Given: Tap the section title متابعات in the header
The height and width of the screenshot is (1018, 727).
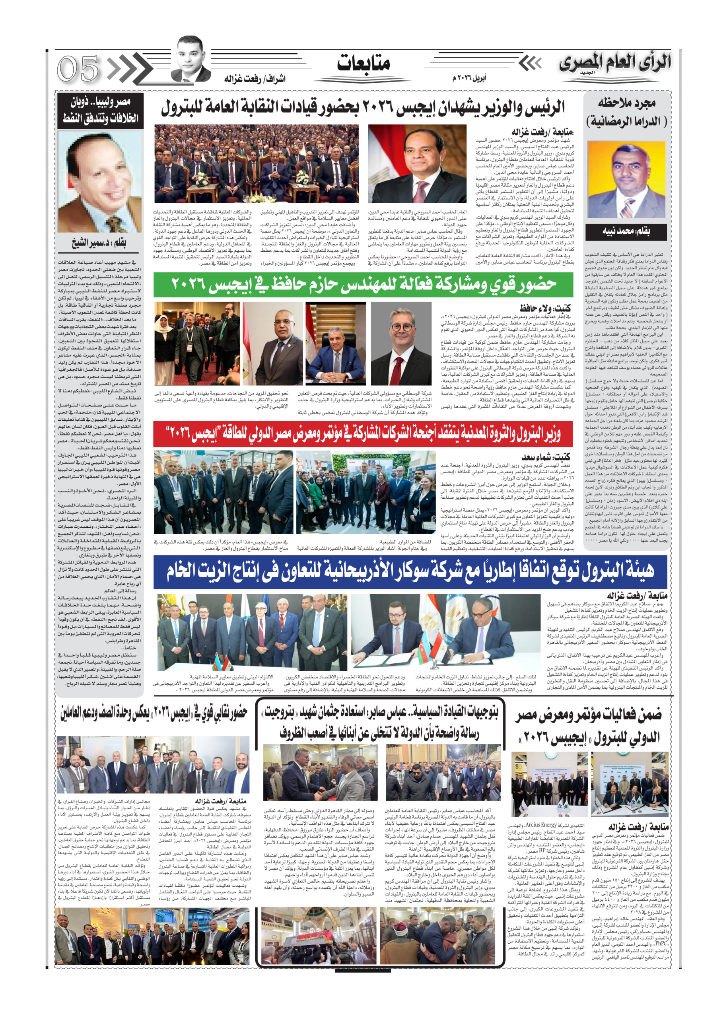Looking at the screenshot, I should click(363, 63).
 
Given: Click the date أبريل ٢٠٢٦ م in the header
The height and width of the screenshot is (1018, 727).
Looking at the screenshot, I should click(469, 78).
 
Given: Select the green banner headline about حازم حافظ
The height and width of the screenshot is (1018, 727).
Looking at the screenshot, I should click(363, 285).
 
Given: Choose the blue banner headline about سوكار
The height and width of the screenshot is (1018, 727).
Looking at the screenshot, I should click(410, 571).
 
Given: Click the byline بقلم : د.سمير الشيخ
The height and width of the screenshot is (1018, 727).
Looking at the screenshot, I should click(99, 243).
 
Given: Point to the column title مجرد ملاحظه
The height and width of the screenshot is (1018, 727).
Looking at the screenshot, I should click(627, 103).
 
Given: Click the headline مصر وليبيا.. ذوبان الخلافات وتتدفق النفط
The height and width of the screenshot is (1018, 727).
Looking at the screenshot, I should click(100, 110).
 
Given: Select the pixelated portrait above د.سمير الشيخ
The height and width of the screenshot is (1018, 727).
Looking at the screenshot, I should click(100, 181).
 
